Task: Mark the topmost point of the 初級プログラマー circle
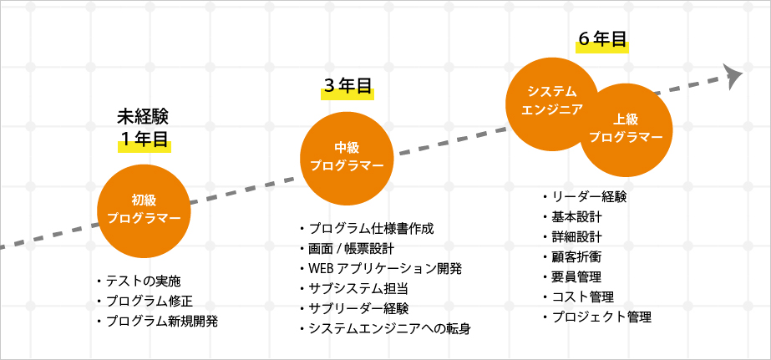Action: (144, 165)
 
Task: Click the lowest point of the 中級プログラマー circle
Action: (347, 205)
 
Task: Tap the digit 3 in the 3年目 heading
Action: (329, 88)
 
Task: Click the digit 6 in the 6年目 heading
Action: (584, 39)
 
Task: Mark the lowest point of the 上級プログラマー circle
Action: (626, 177)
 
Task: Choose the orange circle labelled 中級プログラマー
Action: (347, 159)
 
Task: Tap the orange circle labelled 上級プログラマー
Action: (626, 130)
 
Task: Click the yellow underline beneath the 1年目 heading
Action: (144, 146)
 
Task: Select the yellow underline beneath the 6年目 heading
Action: (602, 46)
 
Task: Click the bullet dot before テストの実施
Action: (99, 281)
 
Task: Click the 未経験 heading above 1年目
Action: (143, 117)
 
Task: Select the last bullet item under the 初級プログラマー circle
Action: (157, 322)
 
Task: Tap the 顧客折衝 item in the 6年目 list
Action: (572, 256)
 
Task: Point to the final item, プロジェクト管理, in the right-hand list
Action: (597, 317)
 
